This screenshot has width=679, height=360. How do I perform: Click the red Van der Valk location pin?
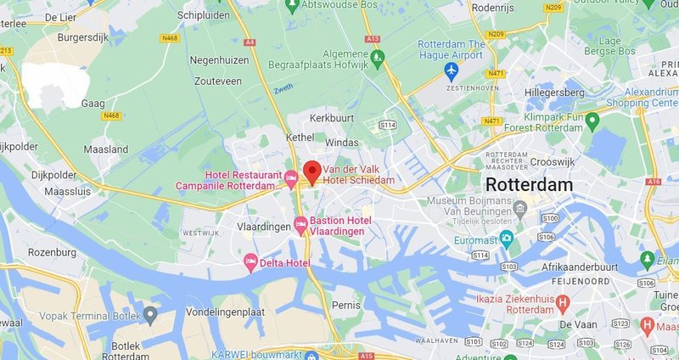click(311, 171)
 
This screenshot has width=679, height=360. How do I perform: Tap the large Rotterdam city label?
click(528, 184)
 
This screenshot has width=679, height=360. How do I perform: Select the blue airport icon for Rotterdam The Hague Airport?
click(451, 69)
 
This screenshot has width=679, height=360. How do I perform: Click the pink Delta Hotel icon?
click(250, 262)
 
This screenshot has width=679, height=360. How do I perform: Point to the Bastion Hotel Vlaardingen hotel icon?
click(300, 224)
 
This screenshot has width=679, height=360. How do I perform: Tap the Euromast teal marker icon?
click(507, 237)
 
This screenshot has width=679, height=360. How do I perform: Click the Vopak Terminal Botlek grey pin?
click(150, 315)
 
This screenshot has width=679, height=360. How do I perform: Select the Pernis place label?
click(347, 303)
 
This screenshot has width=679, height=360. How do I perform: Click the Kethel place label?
click(323, 136)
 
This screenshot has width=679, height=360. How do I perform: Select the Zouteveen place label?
click(216, 82)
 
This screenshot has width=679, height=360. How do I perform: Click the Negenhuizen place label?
click(218, 61)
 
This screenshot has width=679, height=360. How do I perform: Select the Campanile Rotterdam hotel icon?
click(290, 179)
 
